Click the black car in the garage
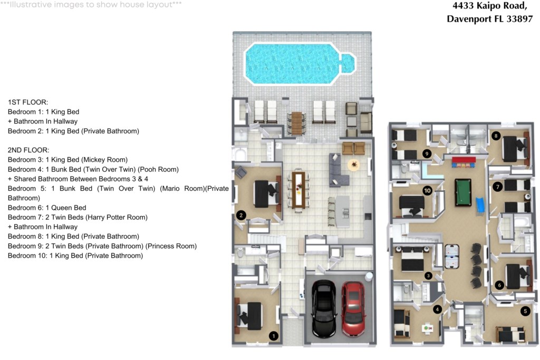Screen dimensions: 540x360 (324, 309)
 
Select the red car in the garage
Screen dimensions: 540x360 (353, 309)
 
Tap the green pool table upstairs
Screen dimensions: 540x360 (463, 192)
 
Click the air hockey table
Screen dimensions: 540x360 (452, 256)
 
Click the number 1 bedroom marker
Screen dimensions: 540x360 (274, 336)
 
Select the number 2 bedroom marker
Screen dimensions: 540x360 (241, 216)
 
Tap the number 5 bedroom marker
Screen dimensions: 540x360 (525, 311)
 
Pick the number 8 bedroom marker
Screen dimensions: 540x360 (496, 135)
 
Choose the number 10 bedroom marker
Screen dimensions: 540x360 (427, 190)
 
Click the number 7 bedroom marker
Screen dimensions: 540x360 (497, 187)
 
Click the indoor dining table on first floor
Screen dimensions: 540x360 (298, 190)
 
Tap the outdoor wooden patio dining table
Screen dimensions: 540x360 (296, 123)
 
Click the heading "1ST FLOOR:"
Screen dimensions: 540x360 (28, 102)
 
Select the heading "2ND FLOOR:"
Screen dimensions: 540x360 (28, 150)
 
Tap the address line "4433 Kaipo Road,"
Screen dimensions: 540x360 (490, 6)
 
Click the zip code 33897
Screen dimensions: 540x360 (519, 19)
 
